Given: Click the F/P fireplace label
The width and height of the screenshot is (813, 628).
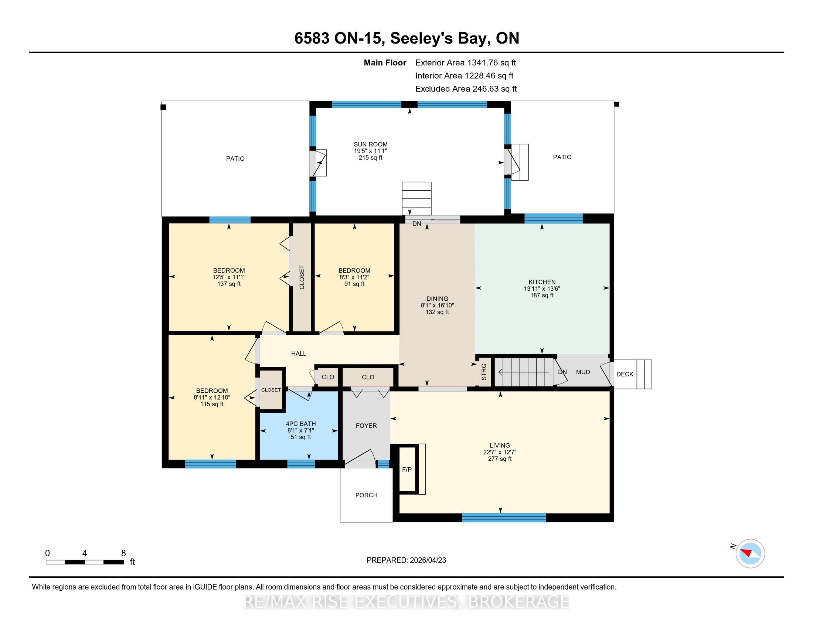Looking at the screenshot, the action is (x=407, y=470).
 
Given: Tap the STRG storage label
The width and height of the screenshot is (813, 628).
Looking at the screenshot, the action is (x=484, y=372).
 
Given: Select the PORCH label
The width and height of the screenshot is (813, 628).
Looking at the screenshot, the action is (x=366, y=495).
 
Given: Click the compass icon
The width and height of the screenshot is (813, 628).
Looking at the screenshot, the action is (x=750, y=553).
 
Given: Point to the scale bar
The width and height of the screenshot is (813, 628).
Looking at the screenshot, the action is (x=85, y=562).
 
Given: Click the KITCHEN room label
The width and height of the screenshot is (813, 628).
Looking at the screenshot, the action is (x=542, y=282).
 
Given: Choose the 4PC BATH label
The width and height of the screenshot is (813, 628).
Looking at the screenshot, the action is (x=301, y=424).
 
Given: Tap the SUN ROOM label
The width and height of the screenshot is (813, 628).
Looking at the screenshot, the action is (x=370, y=144).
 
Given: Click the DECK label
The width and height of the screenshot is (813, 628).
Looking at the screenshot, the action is (x=625, y=374).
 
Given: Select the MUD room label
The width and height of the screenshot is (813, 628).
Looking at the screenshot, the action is (x=583, y=372).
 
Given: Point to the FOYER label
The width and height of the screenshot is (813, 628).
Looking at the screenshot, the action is (x=366, y=426).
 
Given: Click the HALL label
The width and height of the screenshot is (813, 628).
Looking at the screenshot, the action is (x=299, y=354).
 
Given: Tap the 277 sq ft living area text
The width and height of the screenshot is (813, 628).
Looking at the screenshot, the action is (x=500, y=459).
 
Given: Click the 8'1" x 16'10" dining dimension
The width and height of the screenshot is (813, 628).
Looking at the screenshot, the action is (x=438, y=305).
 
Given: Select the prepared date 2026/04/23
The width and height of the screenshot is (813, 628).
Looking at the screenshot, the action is (x=428, y=560).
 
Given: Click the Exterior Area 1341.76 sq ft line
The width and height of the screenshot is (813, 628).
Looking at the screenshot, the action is (x=466, y=62).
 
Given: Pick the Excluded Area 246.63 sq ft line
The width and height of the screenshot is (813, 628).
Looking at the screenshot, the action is (x=466, y=89).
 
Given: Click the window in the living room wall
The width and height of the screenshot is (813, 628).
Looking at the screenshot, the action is (x=504, y=518).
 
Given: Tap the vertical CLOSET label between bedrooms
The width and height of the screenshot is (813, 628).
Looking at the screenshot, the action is (x=302, y=277).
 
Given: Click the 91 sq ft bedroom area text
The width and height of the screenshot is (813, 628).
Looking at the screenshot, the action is (x=354, y=284).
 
